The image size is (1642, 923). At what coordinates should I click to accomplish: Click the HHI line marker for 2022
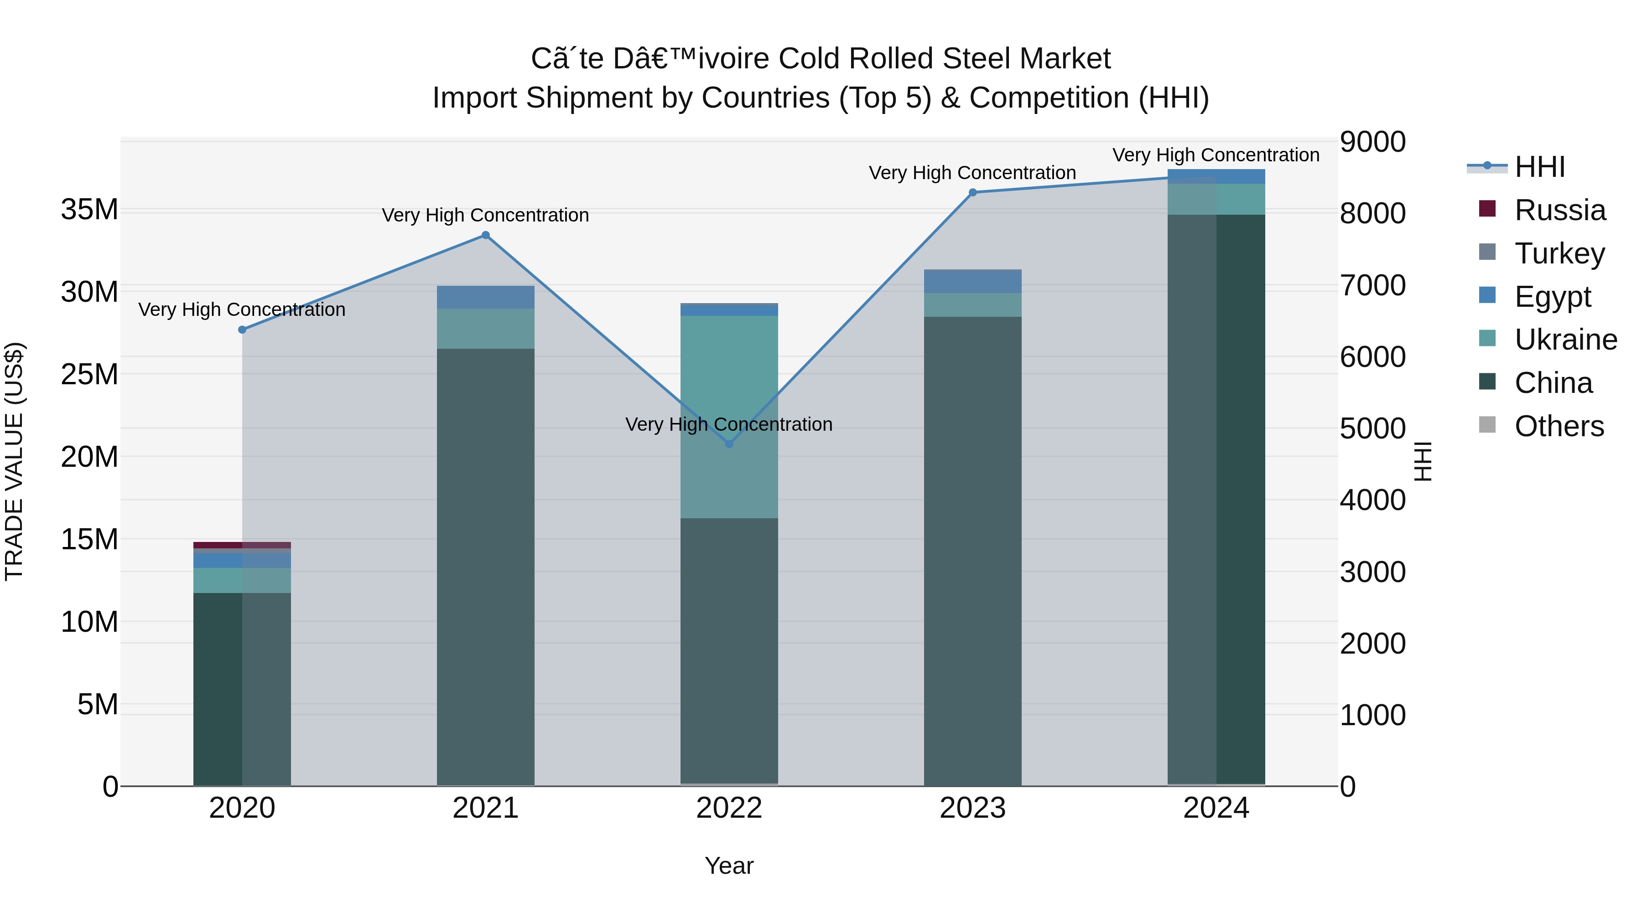(729, 443)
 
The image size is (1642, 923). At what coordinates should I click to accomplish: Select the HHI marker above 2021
(486, 235)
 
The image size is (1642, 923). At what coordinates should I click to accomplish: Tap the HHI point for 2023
(973, 192)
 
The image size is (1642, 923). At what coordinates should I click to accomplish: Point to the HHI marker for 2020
(242, 330)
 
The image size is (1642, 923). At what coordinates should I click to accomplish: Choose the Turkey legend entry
(1559, 253)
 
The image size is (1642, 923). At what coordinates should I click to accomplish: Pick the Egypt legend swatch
(1487, 295)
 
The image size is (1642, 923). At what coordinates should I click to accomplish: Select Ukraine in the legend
(1565, 340)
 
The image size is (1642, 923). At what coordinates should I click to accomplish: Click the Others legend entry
(1559, 426)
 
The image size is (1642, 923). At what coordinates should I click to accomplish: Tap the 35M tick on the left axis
(89, 210)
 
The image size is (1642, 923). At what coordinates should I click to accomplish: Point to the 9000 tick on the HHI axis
(1372, 142)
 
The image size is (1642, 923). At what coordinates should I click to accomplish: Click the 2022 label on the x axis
(729, 808)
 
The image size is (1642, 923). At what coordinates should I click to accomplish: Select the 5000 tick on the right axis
(1372, 429)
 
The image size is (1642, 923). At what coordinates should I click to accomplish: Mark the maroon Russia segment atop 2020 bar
(242, 545)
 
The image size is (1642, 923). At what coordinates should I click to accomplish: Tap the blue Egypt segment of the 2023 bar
(973, 281)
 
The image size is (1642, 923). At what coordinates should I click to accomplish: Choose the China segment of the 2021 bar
(486, 567)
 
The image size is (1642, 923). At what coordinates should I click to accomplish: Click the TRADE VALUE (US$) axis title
(14, 461)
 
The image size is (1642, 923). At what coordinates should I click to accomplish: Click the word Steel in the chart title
(977, 59)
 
